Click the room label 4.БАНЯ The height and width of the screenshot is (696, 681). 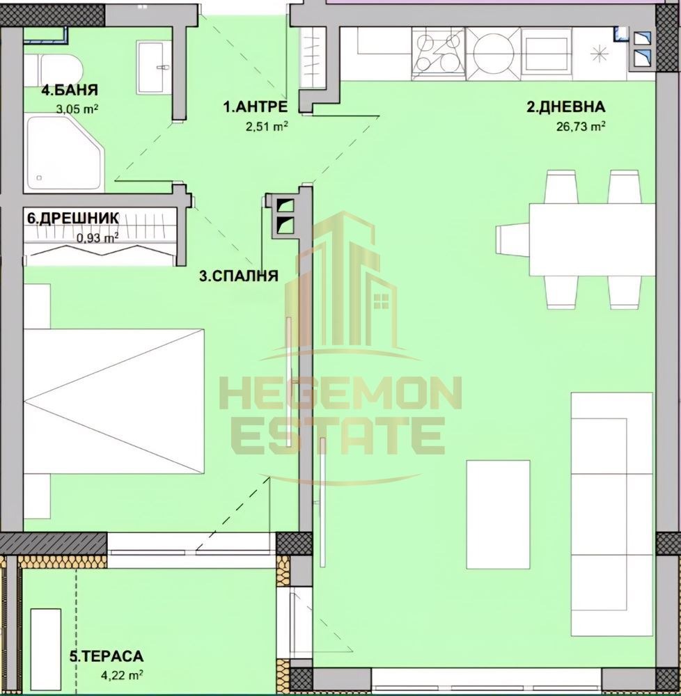69,90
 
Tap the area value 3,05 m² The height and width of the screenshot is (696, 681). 78,109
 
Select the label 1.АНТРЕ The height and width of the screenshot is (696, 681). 255,106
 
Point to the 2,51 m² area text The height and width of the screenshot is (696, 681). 267,127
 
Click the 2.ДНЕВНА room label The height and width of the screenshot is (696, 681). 566,106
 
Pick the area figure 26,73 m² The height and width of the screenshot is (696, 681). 581,127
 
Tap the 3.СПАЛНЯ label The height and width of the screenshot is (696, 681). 238,276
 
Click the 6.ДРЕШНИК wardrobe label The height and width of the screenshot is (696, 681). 73,219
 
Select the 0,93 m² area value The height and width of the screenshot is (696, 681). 97,238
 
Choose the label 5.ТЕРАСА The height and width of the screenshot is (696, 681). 106,656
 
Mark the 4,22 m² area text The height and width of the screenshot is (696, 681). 122,676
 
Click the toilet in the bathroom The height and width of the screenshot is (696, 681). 54,69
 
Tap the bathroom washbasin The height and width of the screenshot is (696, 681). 154,67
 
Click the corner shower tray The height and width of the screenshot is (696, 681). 63,154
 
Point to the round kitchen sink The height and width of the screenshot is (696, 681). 493,54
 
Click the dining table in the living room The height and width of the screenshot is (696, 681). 593,239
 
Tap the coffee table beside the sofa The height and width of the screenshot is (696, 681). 498,514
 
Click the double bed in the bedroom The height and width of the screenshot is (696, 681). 114,402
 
